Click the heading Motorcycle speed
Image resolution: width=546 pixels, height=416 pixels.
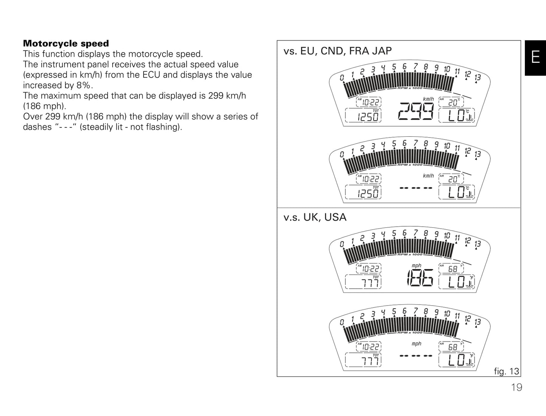point(66,43)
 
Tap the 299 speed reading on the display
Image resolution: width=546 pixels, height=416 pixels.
point(416,111)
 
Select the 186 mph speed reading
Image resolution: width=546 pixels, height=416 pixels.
point(420,278)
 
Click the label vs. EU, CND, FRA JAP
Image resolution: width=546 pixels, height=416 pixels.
point(337,51)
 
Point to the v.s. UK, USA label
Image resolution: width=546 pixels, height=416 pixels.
point(315,217)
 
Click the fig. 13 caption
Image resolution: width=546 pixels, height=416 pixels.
point(506,371)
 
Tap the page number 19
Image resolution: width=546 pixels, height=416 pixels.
point(517,387)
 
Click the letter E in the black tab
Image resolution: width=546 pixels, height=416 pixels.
point(535,57)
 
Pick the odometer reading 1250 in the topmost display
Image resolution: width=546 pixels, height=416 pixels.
point(368,117)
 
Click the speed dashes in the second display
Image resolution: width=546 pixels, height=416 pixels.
point(416,188)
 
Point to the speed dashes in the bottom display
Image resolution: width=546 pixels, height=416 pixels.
point(416,356)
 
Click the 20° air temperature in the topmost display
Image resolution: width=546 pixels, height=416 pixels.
point(453,102)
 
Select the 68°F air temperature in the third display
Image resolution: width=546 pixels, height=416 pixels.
point(454,269)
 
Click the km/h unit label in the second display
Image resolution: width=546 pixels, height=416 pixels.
point(428,176)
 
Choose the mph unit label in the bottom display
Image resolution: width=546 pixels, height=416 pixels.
point(416,343)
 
